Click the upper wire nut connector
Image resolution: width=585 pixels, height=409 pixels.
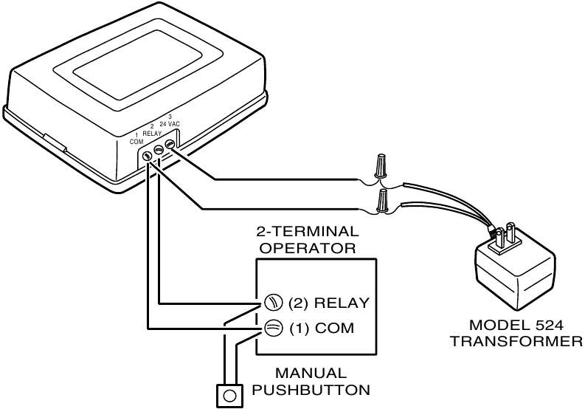tap(381, 166)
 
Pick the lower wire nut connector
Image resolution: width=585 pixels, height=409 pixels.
tap(383, 199)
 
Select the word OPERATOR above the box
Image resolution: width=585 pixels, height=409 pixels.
tap(309, 248)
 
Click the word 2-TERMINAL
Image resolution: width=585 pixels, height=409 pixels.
tap(309, 232)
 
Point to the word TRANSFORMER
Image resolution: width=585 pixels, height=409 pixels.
tap(516, 341)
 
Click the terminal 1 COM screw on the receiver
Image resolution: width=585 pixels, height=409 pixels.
tap(147, 155)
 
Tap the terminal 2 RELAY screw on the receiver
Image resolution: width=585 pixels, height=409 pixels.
tap(158, 150)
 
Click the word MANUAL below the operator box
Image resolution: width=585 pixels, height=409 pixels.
tap(311, 374)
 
